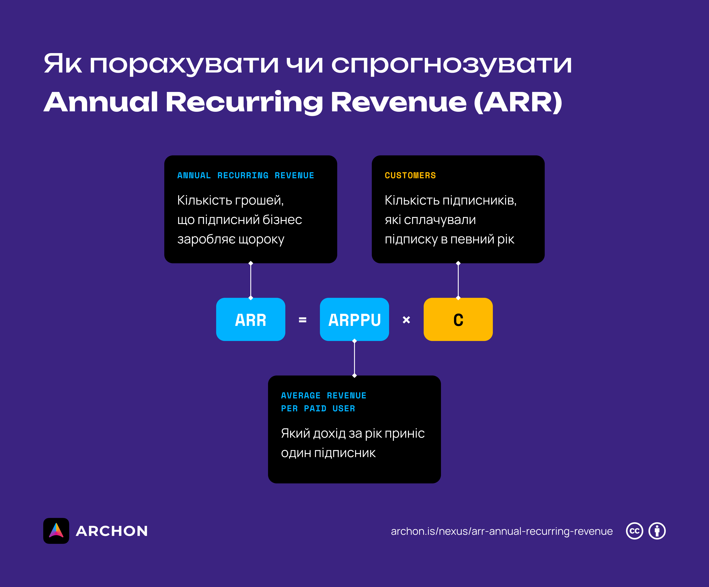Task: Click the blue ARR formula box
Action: tap(251, 319)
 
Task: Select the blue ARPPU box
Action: tap(354, 319)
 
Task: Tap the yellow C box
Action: tap(458, 319)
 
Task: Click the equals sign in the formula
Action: tap(302, 320)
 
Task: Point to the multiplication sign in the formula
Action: tap(406, 320)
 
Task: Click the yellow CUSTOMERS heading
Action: tap(410, 175)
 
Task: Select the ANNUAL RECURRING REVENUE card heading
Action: tap(246, 175)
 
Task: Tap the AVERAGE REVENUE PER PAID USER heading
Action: tap(323, 402)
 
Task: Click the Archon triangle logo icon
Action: tap(56, 531)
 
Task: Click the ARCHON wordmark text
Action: tap(112, 531)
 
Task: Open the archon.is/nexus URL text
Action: tap(501, 531)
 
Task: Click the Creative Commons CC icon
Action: tap(634, 531)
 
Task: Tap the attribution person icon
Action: tap(657, 531)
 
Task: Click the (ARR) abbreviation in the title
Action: tap(518, 102)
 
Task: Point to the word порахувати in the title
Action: tap(184, 64)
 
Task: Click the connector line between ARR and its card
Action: tap(251, 281)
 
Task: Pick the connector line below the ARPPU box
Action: tap(354, 358)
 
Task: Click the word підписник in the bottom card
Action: tap(345, 453)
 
